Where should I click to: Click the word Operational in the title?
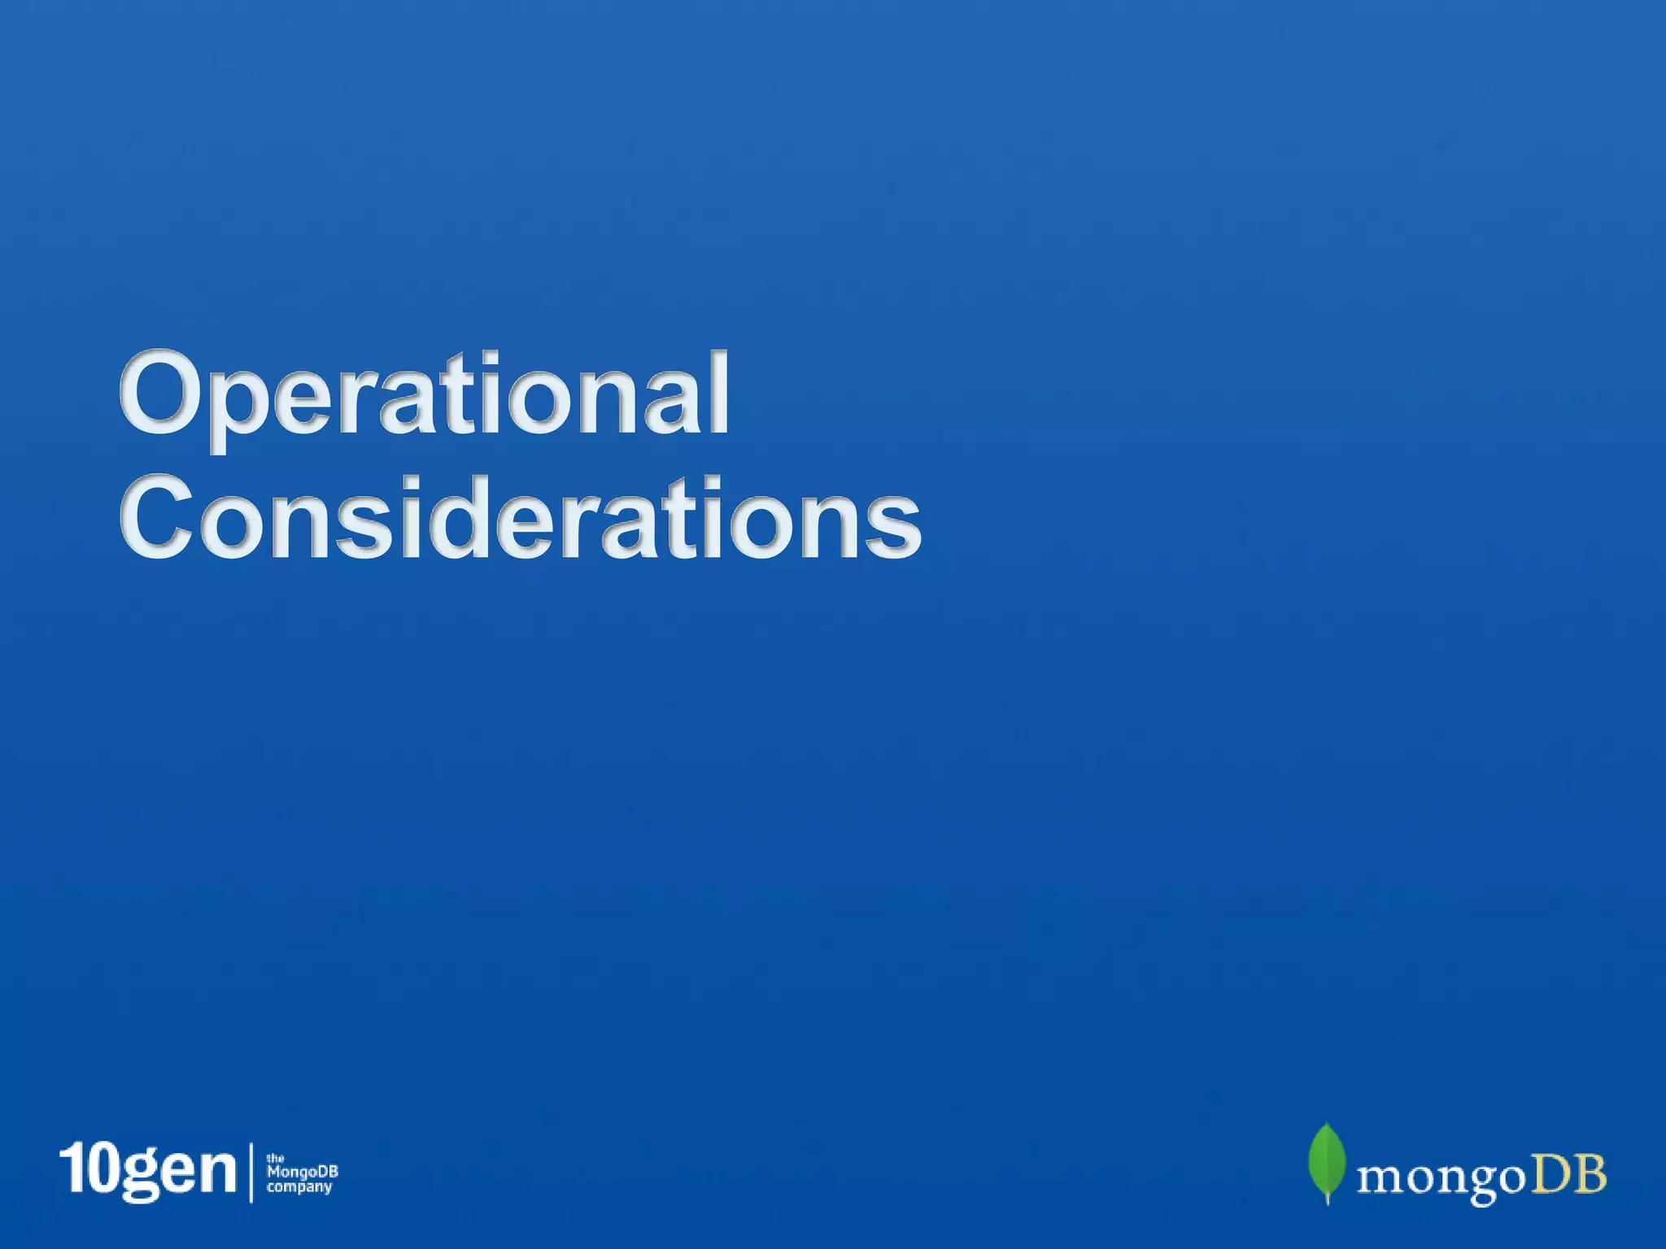[x=424, y=396]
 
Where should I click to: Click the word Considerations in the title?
[x=521, y=518]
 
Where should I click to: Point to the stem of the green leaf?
[x=1328, y=1197]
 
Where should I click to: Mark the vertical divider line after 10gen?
[x=251, y=1172]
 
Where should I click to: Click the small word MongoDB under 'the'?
[x=302, y=1172]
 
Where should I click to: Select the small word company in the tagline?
[x=299, y=1187]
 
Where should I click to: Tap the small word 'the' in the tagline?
[x=275, y=1158]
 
